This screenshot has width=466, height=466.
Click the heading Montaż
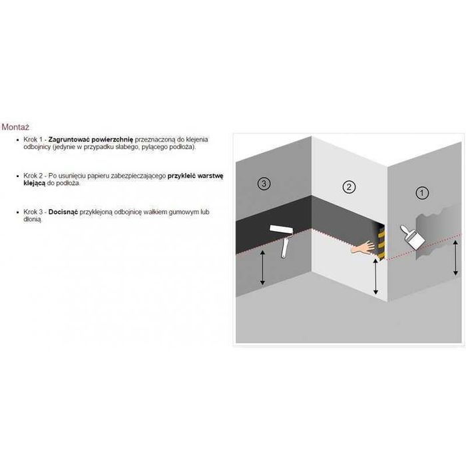click(15, 127)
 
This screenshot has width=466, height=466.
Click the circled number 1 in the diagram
click(421, 193)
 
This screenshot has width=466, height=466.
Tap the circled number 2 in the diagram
click(349, 187)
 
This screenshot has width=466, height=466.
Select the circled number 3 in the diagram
click(264, 183)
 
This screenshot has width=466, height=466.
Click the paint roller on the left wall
click(283, 239)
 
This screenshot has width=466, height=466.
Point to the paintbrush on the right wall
click(411, 237)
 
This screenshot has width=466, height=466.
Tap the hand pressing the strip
click(363, 247)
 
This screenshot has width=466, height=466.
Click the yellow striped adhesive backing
click(381, 241)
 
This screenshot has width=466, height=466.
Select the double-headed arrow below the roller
click(262, 268)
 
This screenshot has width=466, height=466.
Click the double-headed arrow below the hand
click(375, 276)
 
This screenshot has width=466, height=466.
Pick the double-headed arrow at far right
click(455, 258)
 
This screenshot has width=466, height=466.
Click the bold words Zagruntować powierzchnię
click(91, 139)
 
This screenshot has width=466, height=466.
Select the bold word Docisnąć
click(63, 212)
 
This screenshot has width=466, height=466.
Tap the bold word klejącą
click(35, 183)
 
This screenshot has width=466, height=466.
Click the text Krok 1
click(33, 139)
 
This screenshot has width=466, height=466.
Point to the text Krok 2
click(33, 176)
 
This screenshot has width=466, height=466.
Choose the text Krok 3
click(33, 212)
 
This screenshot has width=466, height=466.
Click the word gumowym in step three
click(183, 212)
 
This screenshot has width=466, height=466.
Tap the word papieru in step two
click(98, 176)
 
